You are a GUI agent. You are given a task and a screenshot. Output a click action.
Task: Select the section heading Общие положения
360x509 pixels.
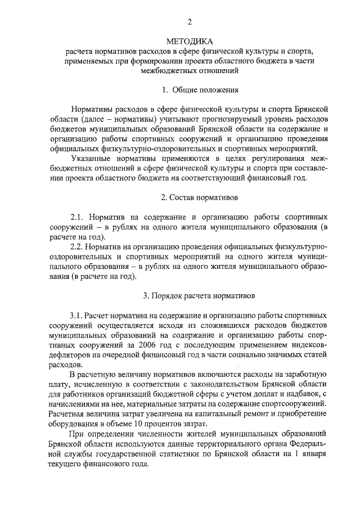pos(205,89)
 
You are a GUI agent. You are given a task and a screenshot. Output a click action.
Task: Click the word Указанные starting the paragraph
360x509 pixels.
pos(91,159)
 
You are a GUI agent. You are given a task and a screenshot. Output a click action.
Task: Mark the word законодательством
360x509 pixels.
pos(230,384)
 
